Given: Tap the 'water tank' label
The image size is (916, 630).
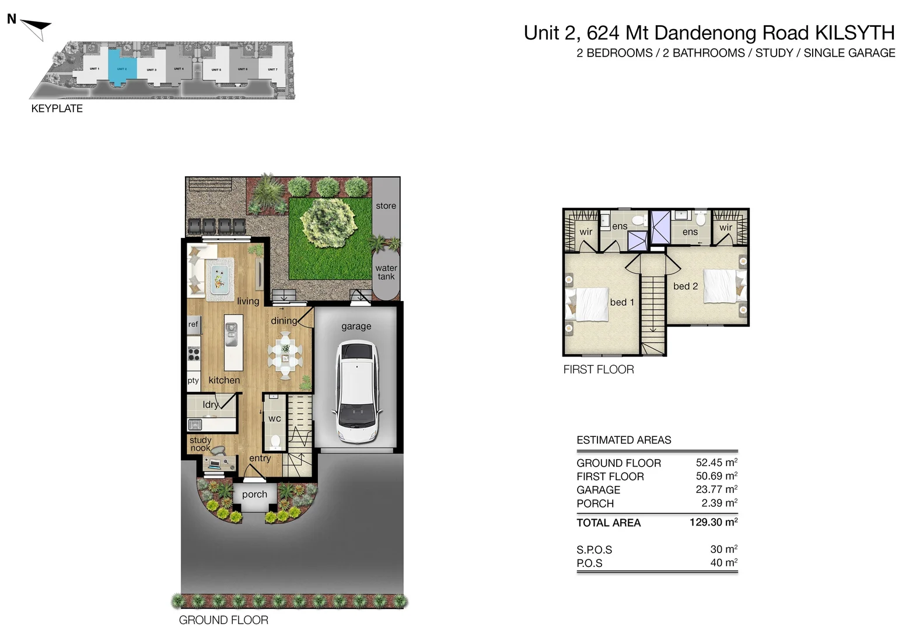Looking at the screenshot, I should coord(386,272).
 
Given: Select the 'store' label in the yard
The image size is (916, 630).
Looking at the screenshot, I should coord(386,206).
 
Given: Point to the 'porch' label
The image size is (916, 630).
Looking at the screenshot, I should coord(254,494).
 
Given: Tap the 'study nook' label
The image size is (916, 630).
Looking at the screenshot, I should coord(200,444).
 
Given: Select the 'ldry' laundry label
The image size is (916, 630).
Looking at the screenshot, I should coord(211,404).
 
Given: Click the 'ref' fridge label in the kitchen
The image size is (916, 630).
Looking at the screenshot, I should coord(193,324).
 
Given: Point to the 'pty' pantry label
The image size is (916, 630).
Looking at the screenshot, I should coord(193,380).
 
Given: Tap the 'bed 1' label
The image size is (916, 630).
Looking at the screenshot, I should coord(622,302).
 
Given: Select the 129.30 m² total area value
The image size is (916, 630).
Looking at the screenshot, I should coord(713,522).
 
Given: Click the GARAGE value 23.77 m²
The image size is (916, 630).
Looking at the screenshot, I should coord(716,489).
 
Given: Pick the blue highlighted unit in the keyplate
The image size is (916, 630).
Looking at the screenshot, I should coord(123,68).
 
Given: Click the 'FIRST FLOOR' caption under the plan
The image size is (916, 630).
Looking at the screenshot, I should coord(598,369).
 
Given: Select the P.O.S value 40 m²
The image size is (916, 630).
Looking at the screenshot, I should coord(723,563).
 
